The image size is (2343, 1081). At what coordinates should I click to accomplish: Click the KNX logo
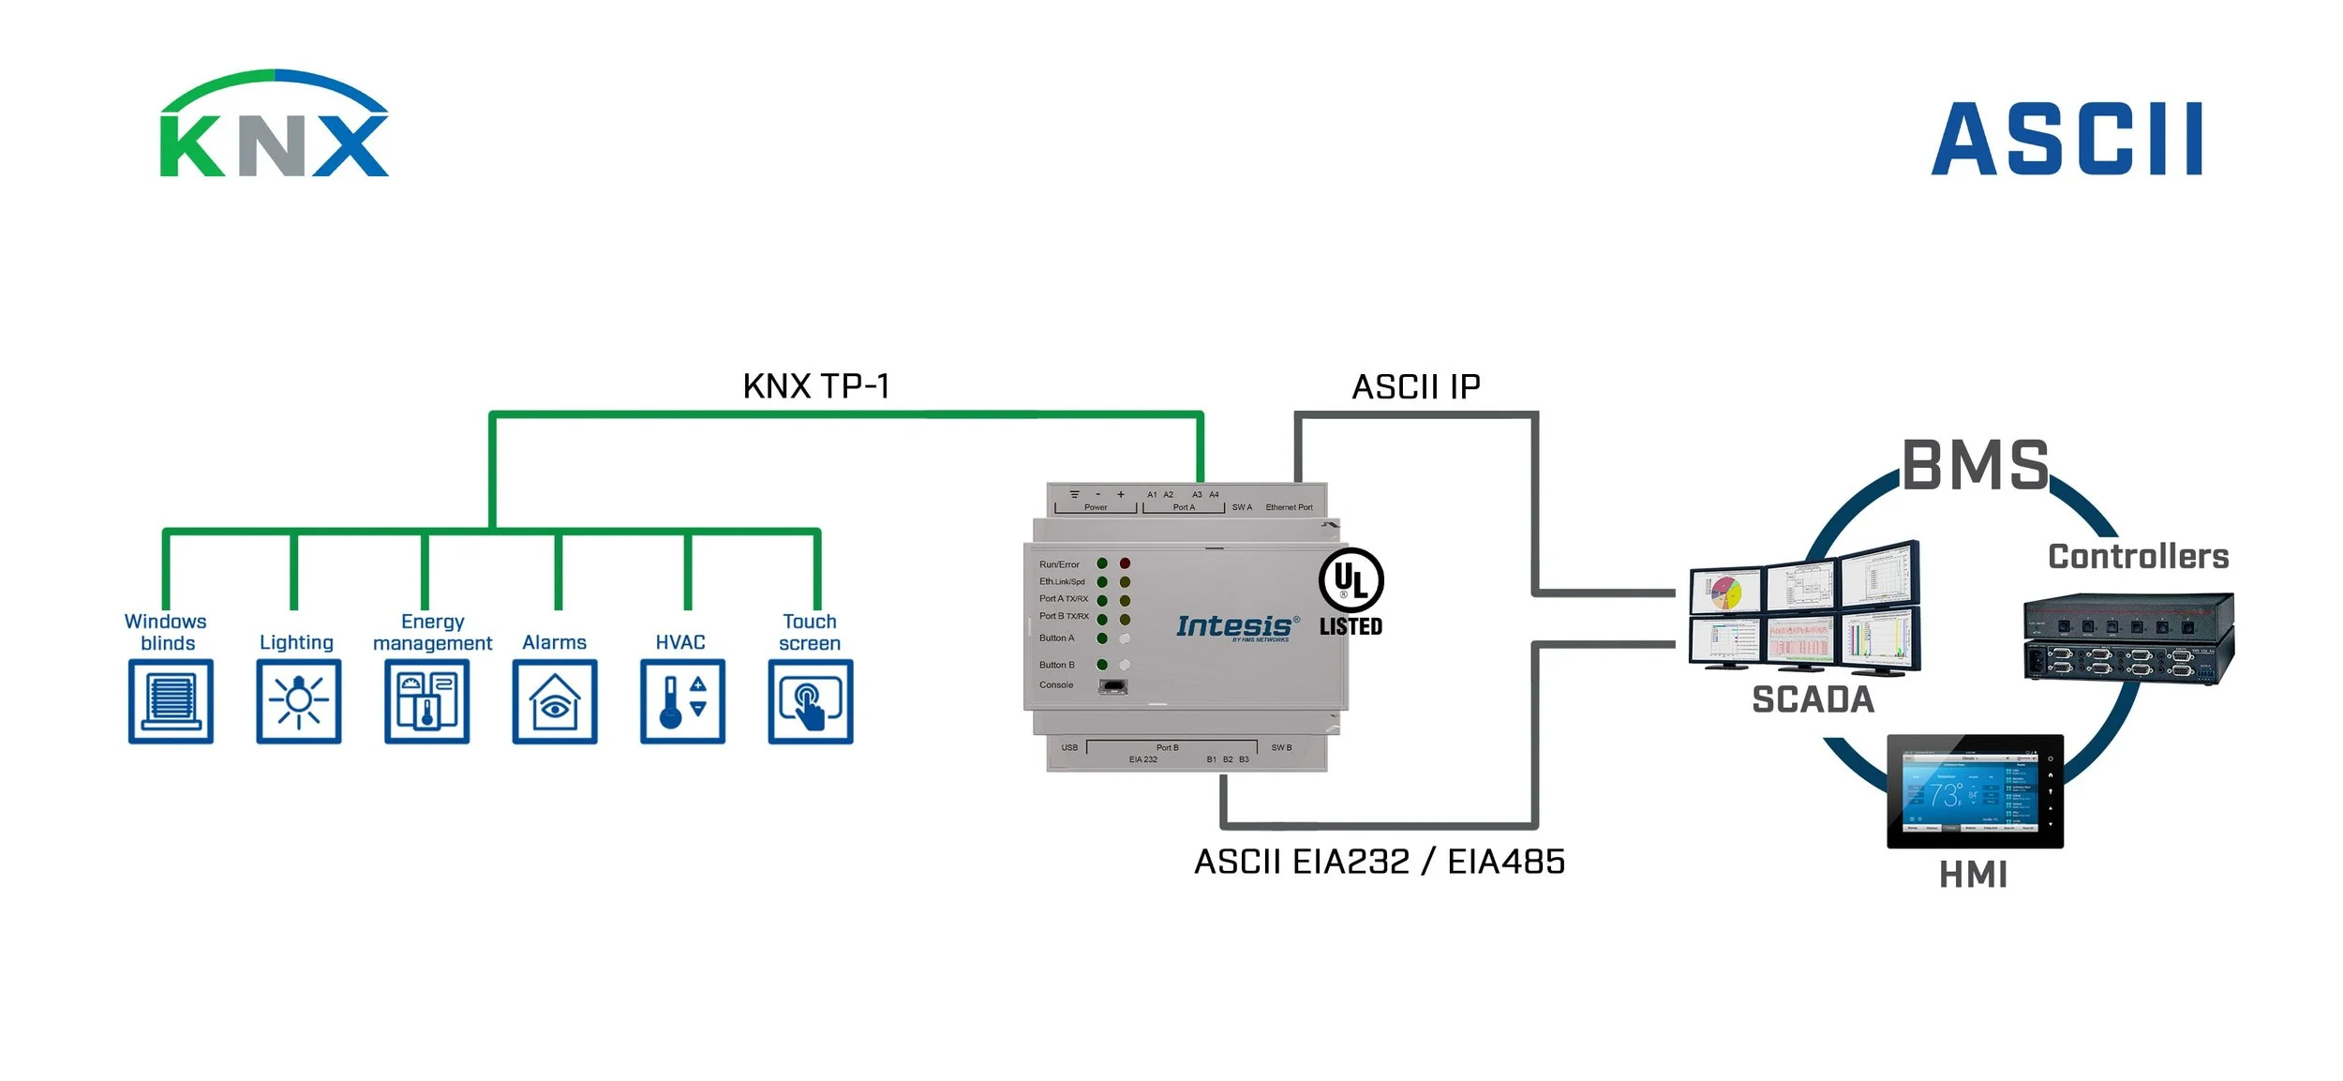click(274, 125)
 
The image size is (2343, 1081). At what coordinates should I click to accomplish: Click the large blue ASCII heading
click(2067, 140)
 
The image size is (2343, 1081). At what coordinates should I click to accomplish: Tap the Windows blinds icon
click(171, 701)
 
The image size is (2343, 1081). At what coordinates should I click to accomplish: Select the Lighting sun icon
click(299, 701)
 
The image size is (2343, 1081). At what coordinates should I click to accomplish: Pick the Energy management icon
click(427, 701)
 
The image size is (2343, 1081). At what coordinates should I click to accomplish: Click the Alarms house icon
click(555, 701)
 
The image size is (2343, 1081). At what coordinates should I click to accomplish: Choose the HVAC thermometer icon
click(683, 701)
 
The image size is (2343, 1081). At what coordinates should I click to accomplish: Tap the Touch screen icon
click(811, 701)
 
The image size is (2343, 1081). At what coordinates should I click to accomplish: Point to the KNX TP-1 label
click(816, 386)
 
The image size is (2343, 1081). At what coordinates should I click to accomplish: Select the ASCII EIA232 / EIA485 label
click(1380, 862)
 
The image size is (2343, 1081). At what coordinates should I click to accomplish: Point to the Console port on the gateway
click(1112, 685)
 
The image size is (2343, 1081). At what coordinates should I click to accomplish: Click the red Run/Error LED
click(1125, 563)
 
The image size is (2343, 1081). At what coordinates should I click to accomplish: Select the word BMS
click(1976, 465)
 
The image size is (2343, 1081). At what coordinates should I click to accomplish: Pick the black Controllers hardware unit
click(2128, 638)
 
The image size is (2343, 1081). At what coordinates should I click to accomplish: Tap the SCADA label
click(1813, 700)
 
